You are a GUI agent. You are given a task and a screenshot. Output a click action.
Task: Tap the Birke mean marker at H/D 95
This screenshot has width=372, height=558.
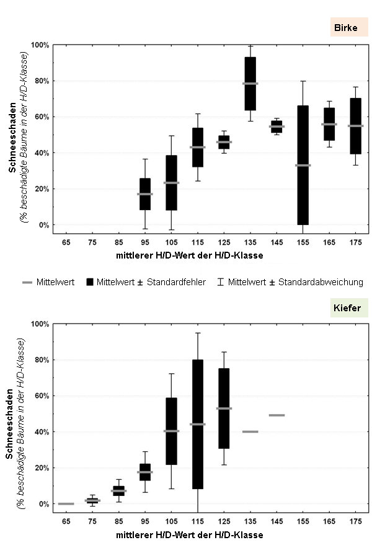[145, 194]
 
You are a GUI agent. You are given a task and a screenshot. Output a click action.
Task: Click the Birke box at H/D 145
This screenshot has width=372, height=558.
[277, 126]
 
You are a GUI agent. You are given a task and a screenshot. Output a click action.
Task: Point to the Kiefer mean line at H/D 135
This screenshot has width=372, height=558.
[250, 432]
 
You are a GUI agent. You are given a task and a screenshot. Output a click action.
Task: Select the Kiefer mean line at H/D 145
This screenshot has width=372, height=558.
[277, 415]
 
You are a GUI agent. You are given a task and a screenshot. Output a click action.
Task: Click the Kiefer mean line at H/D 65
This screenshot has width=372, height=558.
[66, 503]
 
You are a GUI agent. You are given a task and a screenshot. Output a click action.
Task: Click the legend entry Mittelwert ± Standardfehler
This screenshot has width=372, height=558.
[146, 282]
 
